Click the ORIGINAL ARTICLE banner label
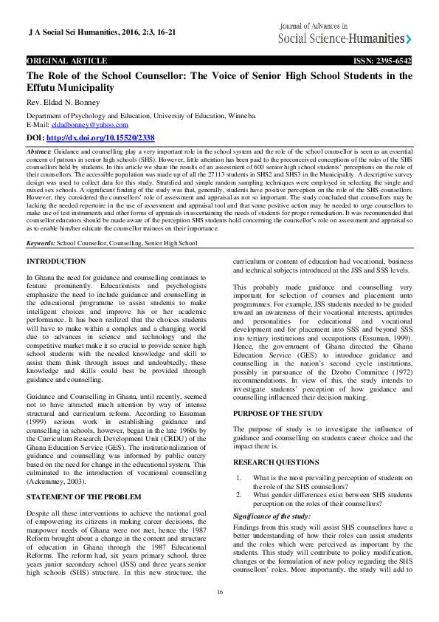[67, 61]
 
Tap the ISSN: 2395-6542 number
[382, 61]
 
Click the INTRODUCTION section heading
[56, 262]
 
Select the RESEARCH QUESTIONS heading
[275, 462]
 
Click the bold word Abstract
[39, 149]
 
